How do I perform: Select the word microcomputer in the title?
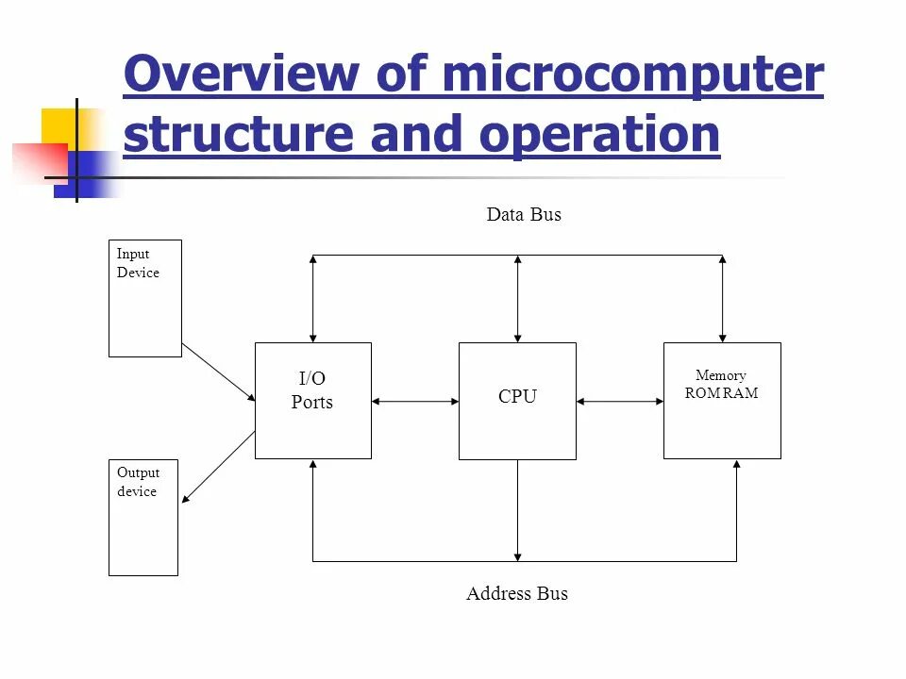[631, 75]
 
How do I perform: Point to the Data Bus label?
[524, 215]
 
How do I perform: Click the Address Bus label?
[517, 593]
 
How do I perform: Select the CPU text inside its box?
[517, 397]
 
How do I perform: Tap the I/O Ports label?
[312, 390]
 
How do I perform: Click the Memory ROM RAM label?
[721, 385]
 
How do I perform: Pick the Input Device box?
[144, 298]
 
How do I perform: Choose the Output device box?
[143, 518]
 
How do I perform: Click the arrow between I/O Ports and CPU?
[415, 402]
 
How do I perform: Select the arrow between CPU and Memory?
[620, 402]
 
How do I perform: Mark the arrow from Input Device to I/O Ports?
[218, 372]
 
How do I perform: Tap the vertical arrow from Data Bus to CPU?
[517, 298]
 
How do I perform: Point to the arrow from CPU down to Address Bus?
[517, 510]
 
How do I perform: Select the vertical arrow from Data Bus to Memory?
[723, 298]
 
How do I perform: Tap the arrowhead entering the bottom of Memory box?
[737, 466]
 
